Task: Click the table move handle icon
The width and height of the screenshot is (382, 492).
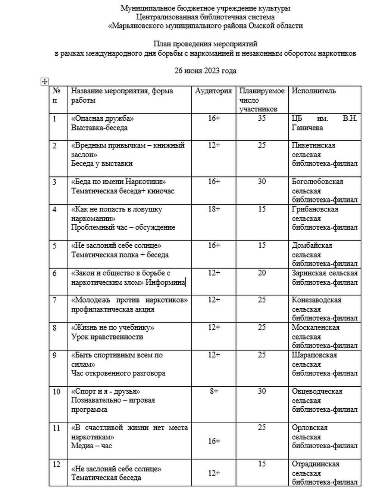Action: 44,82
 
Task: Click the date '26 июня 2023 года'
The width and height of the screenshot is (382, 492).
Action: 205,71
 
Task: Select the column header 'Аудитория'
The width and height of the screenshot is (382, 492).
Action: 213,91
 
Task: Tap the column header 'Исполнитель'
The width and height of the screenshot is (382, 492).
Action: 313,91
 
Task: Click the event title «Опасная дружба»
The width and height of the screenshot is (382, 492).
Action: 102,118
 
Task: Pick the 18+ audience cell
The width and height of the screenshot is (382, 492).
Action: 214,209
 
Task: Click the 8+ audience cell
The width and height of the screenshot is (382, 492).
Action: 214,391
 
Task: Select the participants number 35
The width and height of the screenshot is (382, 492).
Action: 262,118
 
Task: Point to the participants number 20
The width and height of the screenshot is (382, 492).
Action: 262,273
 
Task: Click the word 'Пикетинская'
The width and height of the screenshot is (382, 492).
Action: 313,145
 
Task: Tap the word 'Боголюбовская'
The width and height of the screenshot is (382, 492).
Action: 317,182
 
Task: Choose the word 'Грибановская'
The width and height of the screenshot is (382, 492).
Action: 315,209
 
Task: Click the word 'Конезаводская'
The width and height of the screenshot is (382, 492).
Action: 316,300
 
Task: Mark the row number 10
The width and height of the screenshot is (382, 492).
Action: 56,392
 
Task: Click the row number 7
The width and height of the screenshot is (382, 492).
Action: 54,300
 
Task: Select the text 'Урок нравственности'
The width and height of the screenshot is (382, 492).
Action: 107,337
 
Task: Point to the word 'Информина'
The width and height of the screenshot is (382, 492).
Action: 165,282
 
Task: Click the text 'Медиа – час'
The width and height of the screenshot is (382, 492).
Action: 91,446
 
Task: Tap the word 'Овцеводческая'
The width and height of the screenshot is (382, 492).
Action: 317,391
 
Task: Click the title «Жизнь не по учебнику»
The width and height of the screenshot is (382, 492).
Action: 113,328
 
